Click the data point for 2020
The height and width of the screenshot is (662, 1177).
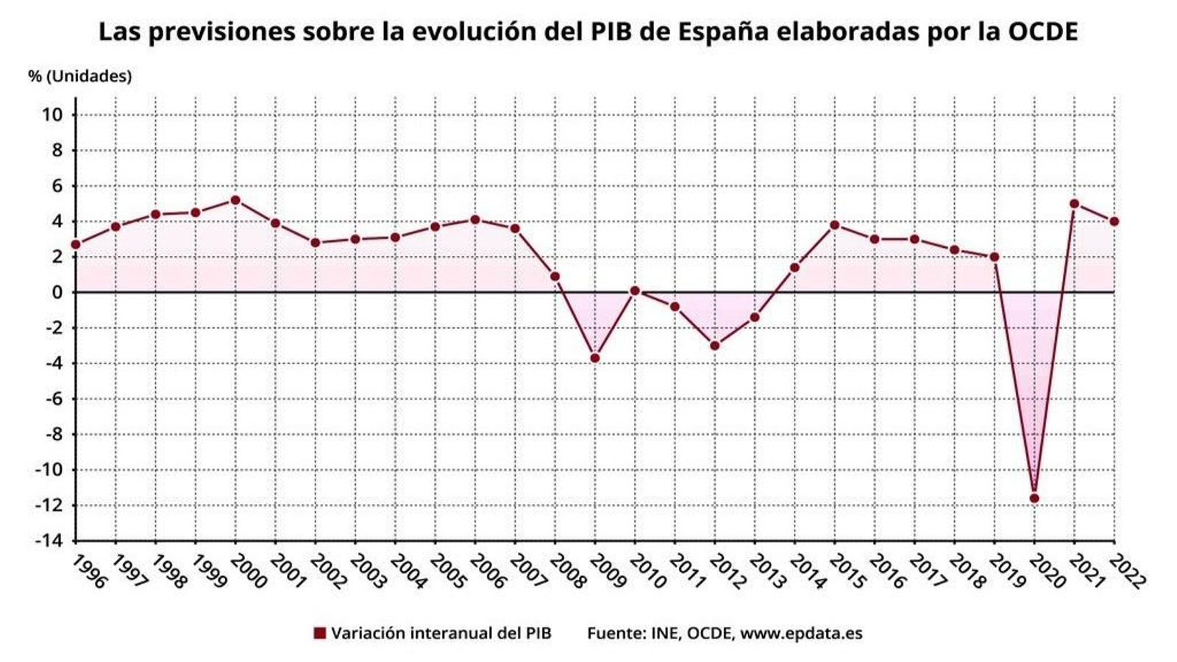tap(1034, 499)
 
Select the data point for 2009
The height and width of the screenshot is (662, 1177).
tap(595, 358)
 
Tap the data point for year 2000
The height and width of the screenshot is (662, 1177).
tap(235, 200)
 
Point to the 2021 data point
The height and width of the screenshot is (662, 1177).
tap(1074, 204)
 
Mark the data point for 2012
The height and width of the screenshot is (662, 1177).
tap(715, 346)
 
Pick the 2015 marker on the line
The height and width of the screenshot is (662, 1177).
tap(835, 225)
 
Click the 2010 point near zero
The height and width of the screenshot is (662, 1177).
tap(635, 291)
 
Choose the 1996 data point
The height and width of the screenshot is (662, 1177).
tap(76, 244)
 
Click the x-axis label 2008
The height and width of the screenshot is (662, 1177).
tap(567, 572)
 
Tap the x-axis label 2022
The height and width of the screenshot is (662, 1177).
tap(1126, 572)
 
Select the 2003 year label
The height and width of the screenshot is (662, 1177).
tap(367, 572)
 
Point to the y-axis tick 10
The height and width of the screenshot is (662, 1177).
tap(52, 115)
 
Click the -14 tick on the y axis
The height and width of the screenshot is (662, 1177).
tap(49, 541)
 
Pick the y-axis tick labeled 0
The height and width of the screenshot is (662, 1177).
tap(57, 293)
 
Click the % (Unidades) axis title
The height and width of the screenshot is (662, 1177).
tap(79, 76)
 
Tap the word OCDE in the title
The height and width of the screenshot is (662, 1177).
tap(1042, 32)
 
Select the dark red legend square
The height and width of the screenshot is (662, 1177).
tap(319, 633)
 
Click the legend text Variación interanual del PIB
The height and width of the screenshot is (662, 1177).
tap(441, 633)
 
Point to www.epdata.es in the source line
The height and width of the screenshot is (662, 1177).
tap(801, 633)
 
